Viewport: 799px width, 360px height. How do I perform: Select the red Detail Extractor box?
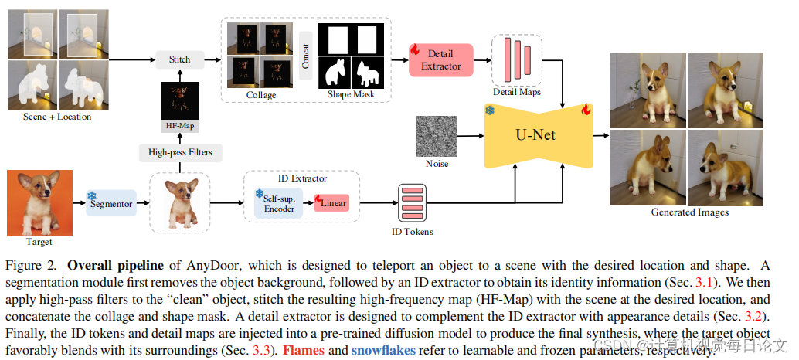point(440,60)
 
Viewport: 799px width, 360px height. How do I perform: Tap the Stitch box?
point(180,59)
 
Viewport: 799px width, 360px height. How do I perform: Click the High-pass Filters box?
point(180,152)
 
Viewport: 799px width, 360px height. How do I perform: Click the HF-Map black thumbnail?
point(180,100)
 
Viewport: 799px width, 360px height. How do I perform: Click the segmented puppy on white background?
point(180,203)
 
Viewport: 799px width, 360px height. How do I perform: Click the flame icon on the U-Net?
point(585,110)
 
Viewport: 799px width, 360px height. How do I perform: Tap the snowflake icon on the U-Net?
point(489,110)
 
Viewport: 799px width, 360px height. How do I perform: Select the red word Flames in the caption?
point(303,350)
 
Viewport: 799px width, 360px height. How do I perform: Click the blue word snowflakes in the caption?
point(383,350)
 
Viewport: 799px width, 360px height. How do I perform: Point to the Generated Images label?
point(689,212)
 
